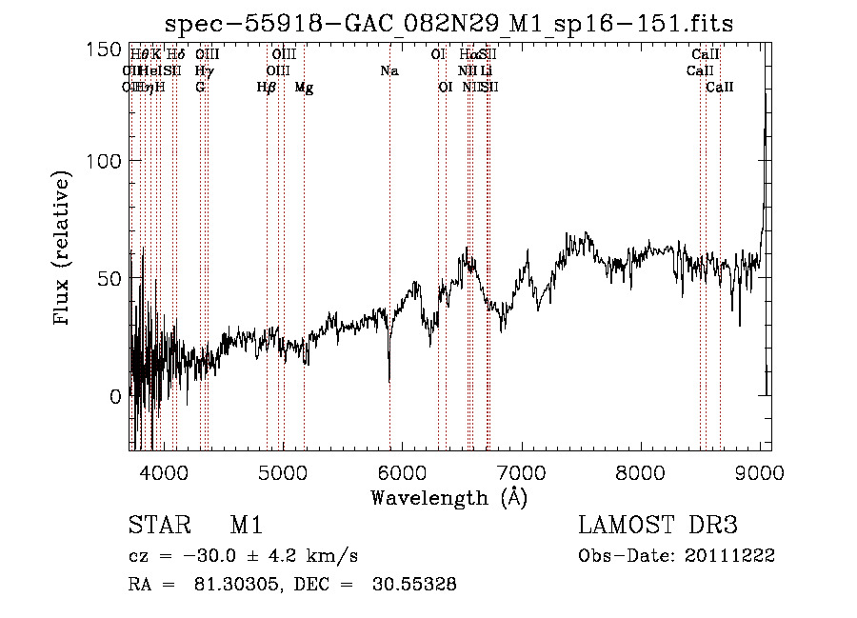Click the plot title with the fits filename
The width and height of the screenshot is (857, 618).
[448, 24]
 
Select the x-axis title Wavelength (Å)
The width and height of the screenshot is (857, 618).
[448, 497]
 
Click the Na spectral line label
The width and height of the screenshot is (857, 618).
[389, 71]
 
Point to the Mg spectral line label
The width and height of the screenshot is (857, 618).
[304, 88]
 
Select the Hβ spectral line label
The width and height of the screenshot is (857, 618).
[267, 88]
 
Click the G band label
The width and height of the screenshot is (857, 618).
[200, 88]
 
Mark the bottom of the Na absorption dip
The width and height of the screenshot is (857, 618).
[389, 381]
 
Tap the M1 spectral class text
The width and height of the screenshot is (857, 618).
[246, 526]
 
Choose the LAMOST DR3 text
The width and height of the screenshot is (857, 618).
[658, 526]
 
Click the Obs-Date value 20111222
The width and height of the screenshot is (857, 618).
[734, 555]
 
